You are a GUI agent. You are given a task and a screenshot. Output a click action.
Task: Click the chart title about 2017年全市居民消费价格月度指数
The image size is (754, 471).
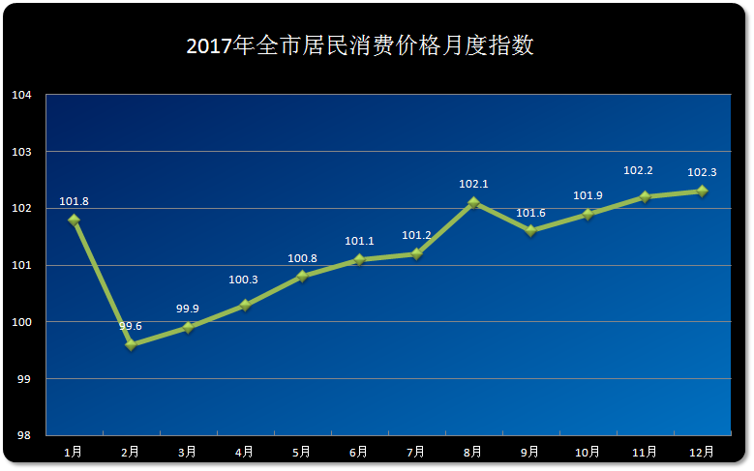(x=360, y=46)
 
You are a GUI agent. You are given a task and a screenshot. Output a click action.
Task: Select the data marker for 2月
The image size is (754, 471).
(x=131, y=344)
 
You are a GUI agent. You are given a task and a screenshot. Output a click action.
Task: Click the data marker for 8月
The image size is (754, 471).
(x=473, y=202)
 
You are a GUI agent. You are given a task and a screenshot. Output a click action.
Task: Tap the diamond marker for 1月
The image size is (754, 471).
(x=74, y=220)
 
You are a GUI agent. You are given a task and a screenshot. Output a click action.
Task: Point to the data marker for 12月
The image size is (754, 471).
(x=702, y=191)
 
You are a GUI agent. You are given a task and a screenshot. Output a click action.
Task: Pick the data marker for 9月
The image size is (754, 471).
(x=530, y=230)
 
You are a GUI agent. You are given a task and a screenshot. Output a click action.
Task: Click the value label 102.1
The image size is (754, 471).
(x=473, y=184)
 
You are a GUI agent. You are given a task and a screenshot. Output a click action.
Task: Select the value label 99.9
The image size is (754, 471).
(x=188, y=309)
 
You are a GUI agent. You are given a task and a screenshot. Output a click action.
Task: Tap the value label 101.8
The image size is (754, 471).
(x=74, y=201)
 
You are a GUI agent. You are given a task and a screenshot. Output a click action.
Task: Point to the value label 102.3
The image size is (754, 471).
(x=702, y=173)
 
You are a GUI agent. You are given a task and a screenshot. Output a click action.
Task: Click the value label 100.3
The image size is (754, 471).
(x=245, y=280)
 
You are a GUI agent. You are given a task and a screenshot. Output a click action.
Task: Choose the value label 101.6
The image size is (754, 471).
(x=530, y=213)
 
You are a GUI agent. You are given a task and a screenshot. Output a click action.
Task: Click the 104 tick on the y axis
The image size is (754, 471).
(x=21, y=95)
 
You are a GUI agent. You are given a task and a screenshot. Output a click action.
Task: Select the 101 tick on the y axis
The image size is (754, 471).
(x=21, y=265)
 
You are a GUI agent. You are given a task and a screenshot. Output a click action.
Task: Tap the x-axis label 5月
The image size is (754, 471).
(x=302, y=452)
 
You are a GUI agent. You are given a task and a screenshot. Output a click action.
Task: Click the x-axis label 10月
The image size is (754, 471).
(x=588, y=452)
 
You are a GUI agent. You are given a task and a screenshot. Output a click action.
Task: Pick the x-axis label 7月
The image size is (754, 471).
(x=416, y=452)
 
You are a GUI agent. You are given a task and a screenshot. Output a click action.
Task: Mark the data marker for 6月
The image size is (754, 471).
(x=359, y=259)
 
